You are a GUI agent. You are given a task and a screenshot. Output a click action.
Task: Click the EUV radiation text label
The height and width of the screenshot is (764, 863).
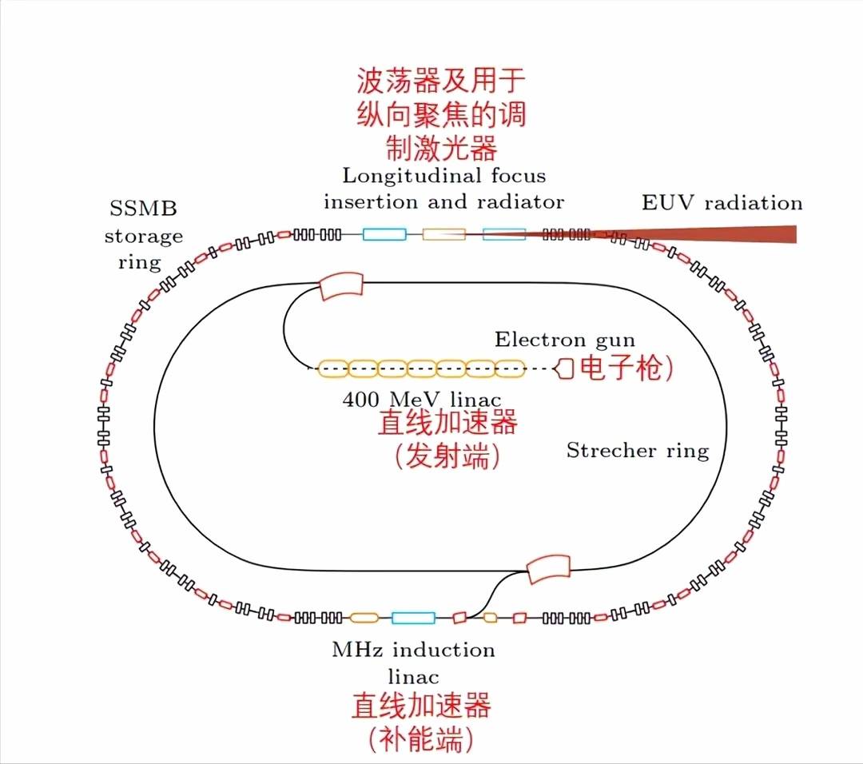722,202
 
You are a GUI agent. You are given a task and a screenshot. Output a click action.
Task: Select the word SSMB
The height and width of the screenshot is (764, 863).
143,209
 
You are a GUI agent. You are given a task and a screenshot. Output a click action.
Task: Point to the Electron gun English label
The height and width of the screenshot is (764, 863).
565,340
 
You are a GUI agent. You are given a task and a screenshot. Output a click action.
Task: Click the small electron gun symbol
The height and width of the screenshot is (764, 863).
564,368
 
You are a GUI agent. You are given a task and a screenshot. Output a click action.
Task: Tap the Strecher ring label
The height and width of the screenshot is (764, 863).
637,451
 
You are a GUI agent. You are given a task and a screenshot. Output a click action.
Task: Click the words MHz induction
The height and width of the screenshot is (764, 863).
413,649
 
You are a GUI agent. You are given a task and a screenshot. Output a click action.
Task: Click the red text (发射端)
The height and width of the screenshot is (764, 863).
447,456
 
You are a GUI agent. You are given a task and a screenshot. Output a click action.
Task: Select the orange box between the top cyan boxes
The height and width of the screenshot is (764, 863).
443,234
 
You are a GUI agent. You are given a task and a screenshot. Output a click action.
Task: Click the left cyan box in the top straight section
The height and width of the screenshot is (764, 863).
384,234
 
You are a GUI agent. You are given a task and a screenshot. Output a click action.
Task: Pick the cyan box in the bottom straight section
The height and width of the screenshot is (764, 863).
413,618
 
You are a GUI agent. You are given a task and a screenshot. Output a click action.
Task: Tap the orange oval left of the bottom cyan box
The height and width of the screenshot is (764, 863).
364,618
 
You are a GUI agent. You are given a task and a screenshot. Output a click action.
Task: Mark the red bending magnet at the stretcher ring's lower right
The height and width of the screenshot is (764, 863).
549,568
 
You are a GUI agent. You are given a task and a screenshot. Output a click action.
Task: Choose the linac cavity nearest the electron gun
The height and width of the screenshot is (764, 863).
511,368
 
